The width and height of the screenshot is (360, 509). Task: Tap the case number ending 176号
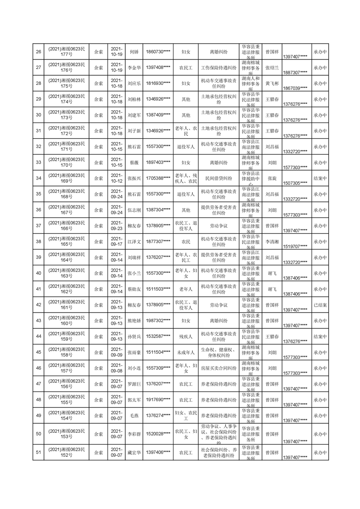click(67, 68)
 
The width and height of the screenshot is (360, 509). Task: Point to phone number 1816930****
click(158, 84)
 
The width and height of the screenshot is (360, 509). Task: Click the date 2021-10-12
click(117, 178)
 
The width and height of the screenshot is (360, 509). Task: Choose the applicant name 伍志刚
click(134, 210)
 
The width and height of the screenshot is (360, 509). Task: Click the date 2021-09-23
click(117, 226)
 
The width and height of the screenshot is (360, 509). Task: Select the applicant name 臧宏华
click(134, 452)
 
